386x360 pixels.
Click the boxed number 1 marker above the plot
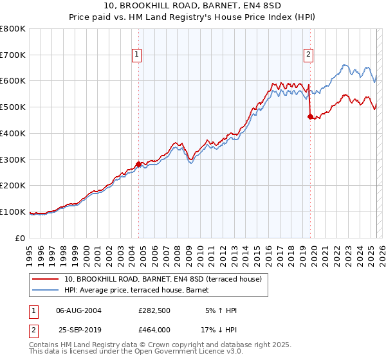tap(138, 55)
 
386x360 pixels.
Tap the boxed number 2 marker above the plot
tap(309, 55)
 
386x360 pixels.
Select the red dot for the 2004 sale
tap(138, 163)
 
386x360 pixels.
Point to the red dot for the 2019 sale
tap(310, 116)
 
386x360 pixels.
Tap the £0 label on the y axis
tap(21, 238)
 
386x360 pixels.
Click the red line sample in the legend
tap(46, 280)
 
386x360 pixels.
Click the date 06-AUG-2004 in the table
tap(78, 310)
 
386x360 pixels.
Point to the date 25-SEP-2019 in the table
tap(78, 330)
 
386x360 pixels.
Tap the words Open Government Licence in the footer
tap(175, 352)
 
